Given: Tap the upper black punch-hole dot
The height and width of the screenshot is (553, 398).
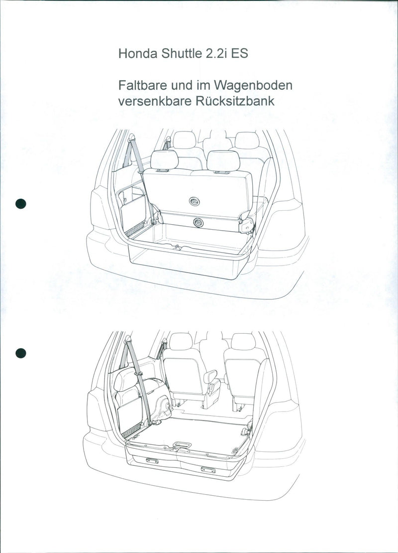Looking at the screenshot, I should point(20,203).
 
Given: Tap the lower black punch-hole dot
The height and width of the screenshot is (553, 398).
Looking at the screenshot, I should point(20,353).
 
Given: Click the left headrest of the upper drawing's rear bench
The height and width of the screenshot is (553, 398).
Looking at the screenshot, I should point(164,160).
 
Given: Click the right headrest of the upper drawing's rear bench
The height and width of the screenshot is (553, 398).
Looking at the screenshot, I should point(223,161).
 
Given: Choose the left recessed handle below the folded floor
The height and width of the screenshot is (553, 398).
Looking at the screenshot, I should point(151,461).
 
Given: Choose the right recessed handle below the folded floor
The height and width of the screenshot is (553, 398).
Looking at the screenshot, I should point(208,469).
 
